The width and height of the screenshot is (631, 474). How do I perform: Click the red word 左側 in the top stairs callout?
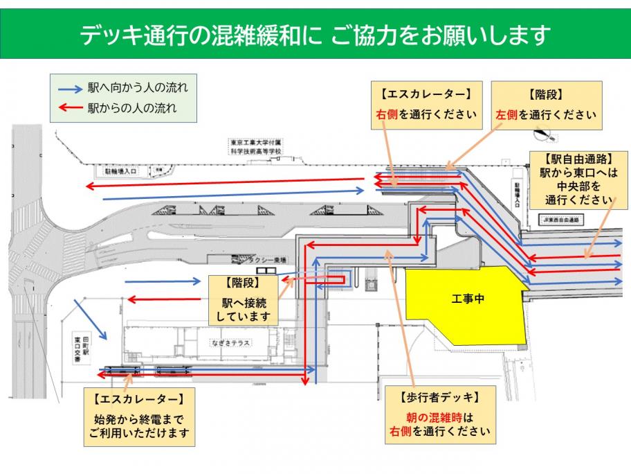(505, 114)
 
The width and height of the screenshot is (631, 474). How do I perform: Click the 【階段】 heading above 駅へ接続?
(241, 284)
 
